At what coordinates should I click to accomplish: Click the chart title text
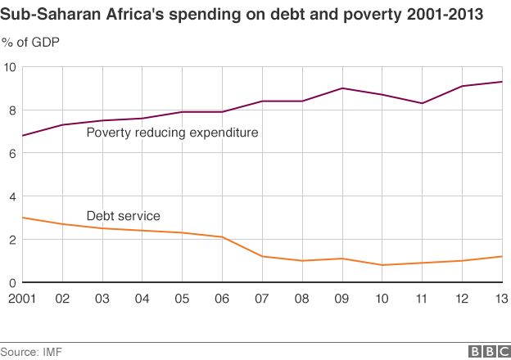tap(242, 15)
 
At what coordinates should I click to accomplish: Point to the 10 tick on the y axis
tap(10, 67)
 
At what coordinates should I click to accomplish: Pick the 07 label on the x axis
tap(262, 299)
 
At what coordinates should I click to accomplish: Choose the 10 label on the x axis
tap(382, 299)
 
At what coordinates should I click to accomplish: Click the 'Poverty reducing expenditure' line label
tap(172, 132)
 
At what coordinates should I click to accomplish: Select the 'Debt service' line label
tap(123, 216)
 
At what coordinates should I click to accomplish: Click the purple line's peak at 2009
tap(341, 88)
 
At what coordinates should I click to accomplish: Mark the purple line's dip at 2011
tap(421, 103)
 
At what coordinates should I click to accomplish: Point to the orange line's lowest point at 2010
tap(382, 265)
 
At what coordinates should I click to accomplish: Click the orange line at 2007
tap(262, 257)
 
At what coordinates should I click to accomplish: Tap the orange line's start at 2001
tap(22, 218)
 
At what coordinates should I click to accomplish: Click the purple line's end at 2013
tap(501, 82)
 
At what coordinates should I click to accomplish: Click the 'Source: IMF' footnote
tap(31, 351)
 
